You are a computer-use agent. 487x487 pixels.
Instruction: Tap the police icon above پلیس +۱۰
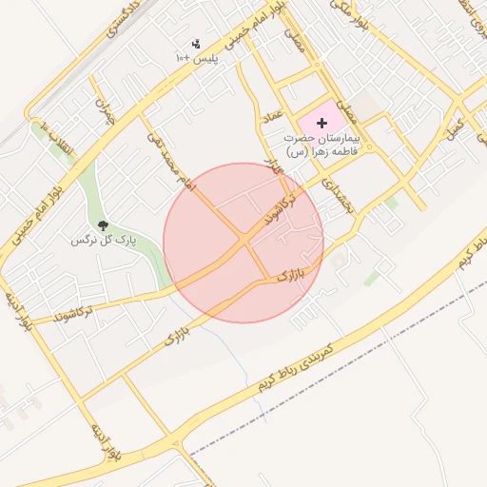point(197,44)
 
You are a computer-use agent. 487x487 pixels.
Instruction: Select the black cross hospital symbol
point(321,123)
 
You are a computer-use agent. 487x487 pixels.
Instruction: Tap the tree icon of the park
point(104,225)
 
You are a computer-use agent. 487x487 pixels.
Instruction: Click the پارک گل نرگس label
point(104,240)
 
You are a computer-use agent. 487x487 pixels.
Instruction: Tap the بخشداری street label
point(339,193)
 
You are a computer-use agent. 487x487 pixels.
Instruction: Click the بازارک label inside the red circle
point(296,276)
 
